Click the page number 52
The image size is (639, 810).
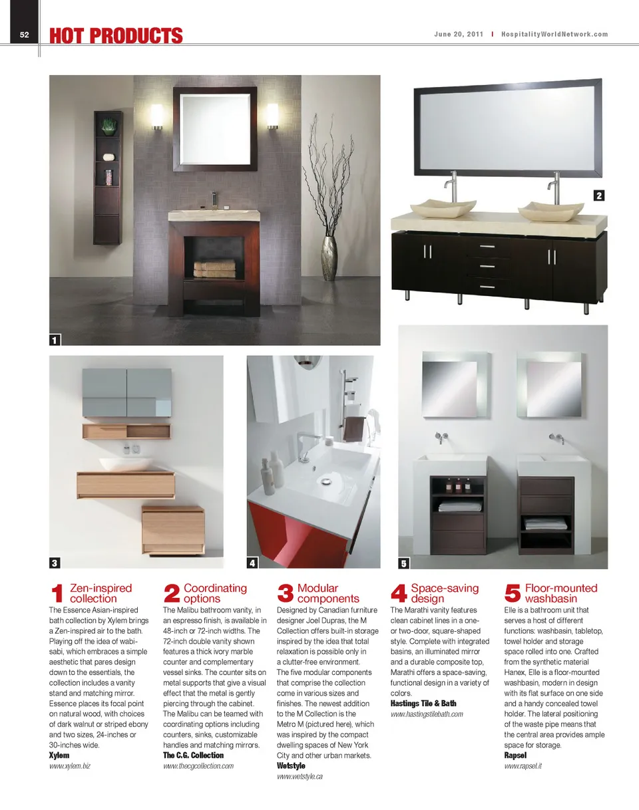[x=24, y=35]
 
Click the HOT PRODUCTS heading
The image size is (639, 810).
[x=116, y=36]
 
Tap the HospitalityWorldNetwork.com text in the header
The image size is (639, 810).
[x=554, y=35]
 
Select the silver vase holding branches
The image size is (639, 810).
[x=330, y=257]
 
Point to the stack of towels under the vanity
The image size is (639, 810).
[x=214, y=269]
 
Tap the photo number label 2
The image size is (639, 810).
[x=599, y=196]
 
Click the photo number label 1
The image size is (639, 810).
[x=55, y=340]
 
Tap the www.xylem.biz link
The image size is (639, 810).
[x=70, y=766]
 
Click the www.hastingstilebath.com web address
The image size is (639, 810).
[x=426, y=714]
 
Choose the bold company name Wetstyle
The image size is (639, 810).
[x=291, y=766]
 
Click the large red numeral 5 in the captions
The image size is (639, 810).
[x=513, y=593]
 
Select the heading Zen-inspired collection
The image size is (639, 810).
[x=101, y=593]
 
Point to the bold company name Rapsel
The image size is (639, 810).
[x=515, y=755]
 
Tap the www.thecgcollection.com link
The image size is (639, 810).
[x=198, y=766]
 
